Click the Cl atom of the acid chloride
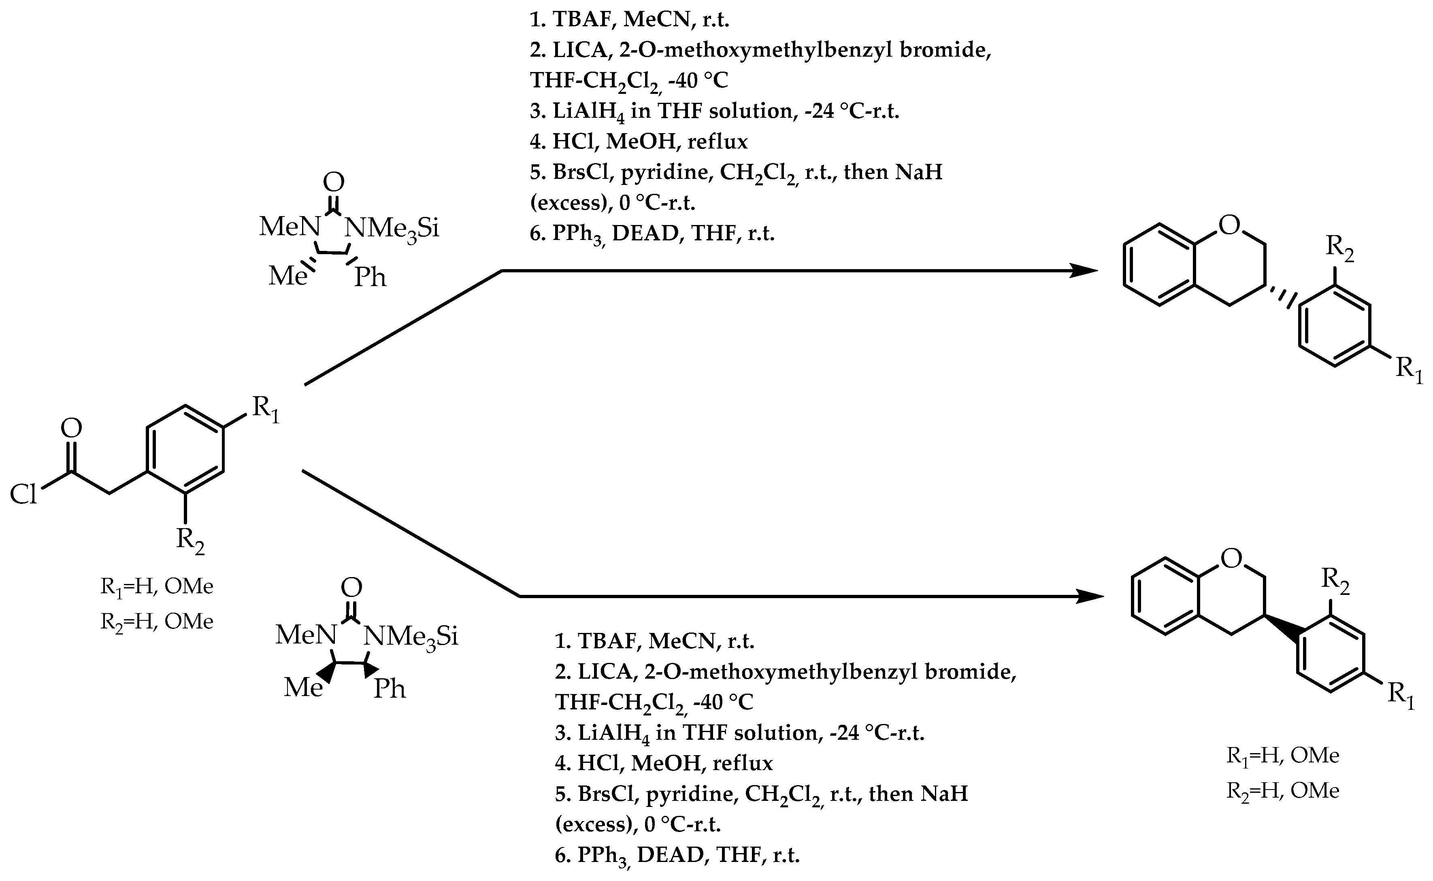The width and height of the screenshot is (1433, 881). [x=23, y=495]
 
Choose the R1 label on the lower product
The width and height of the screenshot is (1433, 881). [x=1401, y=694]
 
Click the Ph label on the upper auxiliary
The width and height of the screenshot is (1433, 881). [x=370, y=277]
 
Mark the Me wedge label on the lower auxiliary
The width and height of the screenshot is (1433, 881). [x=303, y=688]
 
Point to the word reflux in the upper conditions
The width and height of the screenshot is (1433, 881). [x=717, y=142]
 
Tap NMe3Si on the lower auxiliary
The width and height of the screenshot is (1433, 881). [x=411, y=636]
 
